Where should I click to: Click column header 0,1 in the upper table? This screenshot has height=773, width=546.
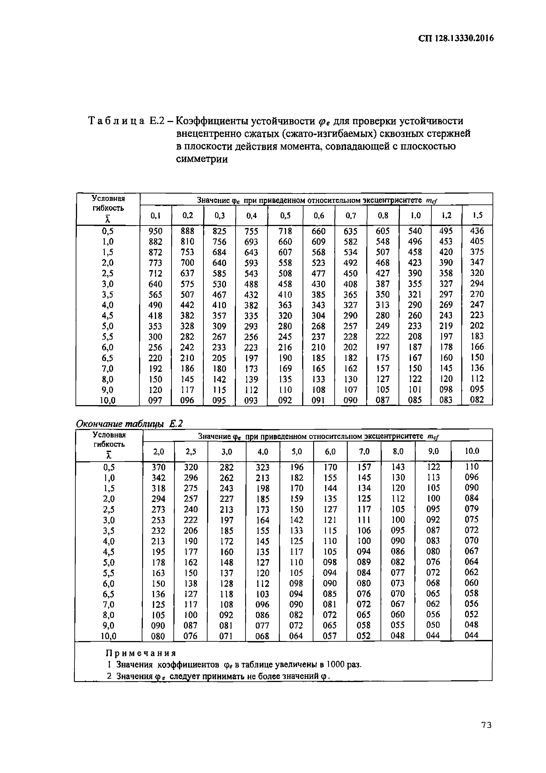coord(155,215)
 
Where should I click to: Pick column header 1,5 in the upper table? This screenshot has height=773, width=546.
coord(477,215)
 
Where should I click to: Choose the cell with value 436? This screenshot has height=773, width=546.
coord(477,231)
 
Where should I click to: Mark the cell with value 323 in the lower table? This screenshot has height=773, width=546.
coord(262,467)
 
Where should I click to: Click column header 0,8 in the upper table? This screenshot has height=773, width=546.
coord(383,215)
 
